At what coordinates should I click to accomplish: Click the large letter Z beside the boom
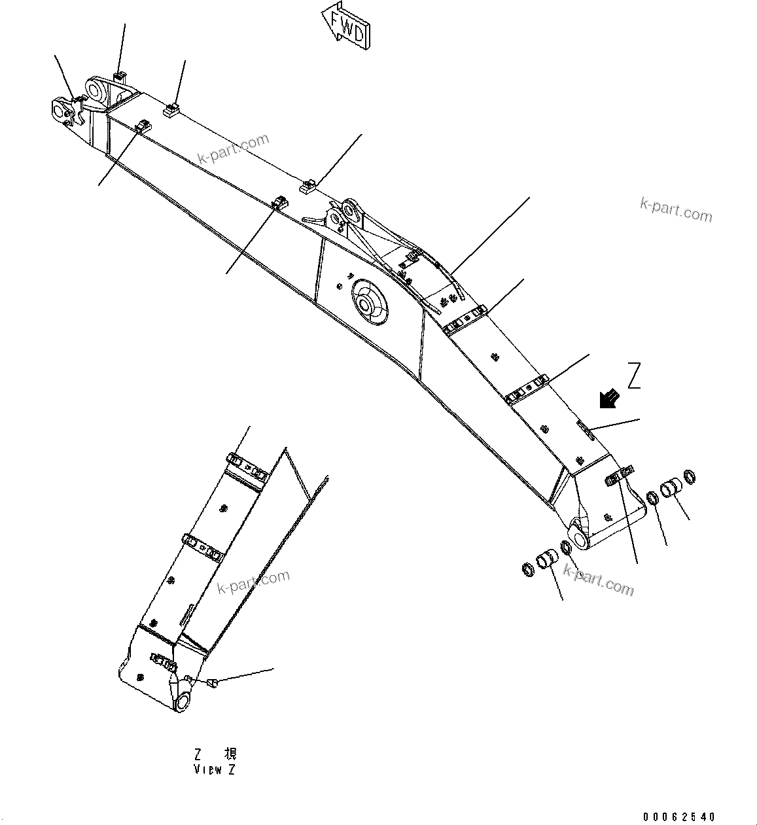[x=633, y=376]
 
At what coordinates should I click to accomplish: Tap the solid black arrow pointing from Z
[x=609, y=398]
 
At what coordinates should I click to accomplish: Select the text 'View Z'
[x=214, y=769]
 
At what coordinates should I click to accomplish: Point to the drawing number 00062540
[x=679, y=816]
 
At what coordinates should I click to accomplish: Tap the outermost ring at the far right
[x=689, y=475]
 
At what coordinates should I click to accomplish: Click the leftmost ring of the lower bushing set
[x=526, y=569]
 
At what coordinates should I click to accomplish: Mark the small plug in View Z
[x=211, y=683]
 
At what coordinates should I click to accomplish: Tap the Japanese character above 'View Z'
[x=230, y=753]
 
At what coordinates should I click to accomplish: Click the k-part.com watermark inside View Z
[x=253, y=582]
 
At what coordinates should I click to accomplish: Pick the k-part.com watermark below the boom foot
[x=598, y=580]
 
